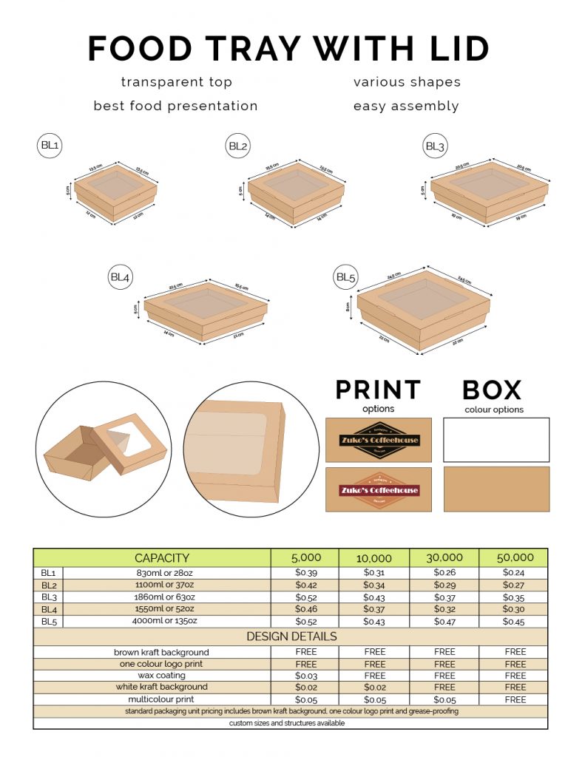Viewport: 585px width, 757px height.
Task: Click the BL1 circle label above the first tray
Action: click(x=50, y=146)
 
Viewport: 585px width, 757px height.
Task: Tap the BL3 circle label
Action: click(x=435, y=146)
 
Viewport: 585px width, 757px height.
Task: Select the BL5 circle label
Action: click(x=346, y=278)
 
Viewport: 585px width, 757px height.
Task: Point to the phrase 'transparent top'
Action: click(x=176, y=82)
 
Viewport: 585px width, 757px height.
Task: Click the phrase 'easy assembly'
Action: click(x=406, y=106)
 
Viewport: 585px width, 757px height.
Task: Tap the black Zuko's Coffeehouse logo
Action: click(x=379, y=440)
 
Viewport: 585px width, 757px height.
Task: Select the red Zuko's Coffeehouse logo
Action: click(x=379, y=489)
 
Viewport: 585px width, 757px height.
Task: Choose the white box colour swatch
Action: click(x=496, y=440)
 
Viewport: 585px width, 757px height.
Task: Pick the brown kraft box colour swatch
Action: click(x=496, y=489)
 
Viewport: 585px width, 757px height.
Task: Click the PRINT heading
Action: click(x=378, y=390)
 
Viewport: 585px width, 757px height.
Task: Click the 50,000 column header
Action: click(x=514, y=558)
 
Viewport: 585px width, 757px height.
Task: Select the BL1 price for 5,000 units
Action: click(x=305, y=573)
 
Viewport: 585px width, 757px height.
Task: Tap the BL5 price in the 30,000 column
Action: click(x=444, y=622)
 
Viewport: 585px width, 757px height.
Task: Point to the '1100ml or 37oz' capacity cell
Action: click(x=167, y=585)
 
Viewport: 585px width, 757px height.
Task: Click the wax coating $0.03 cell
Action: click(x=305, y=676)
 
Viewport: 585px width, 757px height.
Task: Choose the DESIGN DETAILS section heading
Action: click(x=291, y=637)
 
